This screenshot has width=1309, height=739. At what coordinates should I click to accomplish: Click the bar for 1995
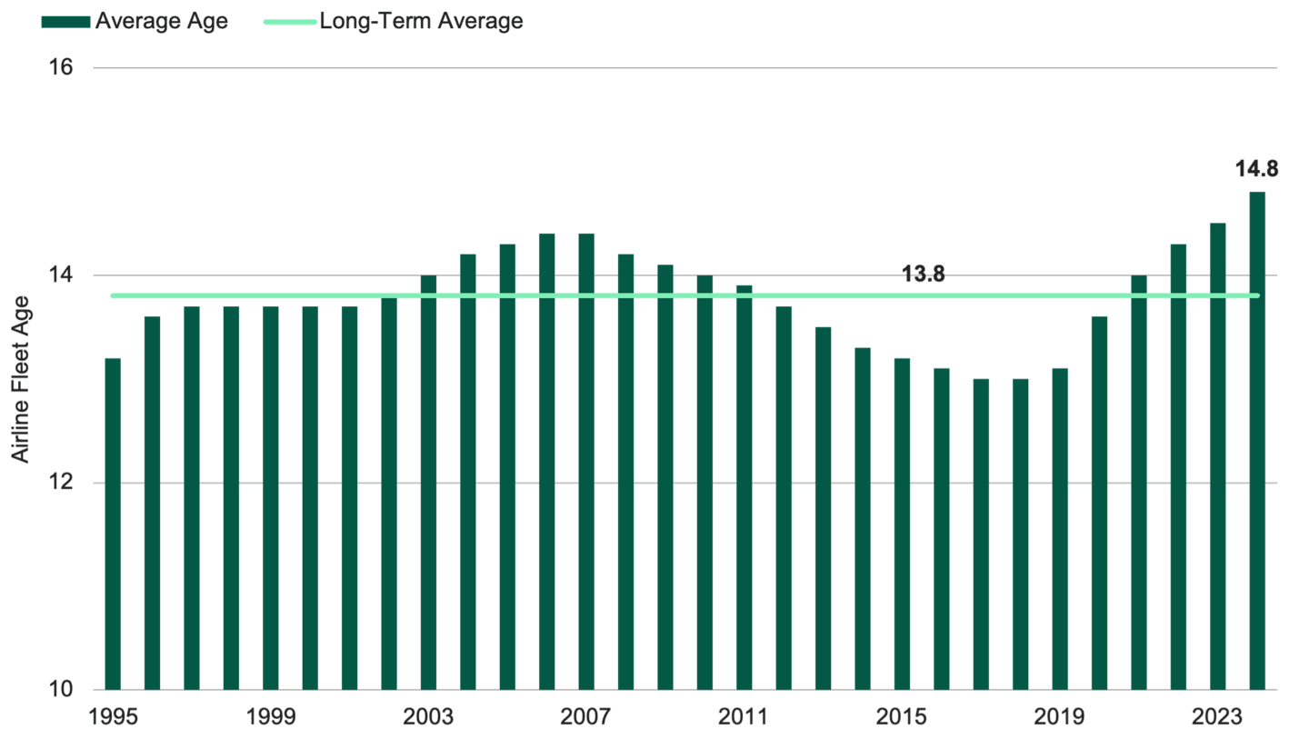(x=113, y=523)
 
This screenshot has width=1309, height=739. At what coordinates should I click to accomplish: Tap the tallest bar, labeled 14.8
(x=1256, y=440)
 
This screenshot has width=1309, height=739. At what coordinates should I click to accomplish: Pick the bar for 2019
(x=1060, y=528)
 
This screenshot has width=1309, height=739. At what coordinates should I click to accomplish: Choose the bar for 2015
(x=902, y=523)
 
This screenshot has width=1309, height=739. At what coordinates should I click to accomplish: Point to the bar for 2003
(x=428, y=482)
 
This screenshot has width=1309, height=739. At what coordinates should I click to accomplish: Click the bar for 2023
(x=1217, y=455)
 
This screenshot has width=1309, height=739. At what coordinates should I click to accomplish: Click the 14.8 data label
(x=1256, y=168)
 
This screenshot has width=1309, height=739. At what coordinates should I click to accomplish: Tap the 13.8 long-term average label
(x=923, y=275)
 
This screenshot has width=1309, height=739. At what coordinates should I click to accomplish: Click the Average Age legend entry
(x=136, y=21)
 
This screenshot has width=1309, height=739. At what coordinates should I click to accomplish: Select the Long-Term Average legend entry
(x=394, y=21)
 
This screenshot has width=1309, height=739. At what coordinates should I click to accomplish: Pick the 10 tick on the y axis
(x=59, y=689)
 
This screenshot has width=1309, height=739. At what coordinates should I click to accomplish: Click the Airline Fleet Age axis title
(x=20, y=379)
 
